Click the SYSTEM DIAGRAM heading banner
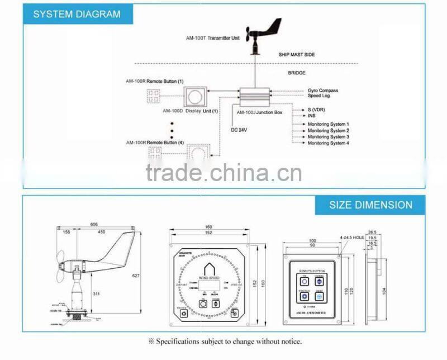click(77, 14)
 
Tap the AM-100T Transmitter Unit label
click(212, 39)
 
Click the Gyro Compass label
click(323, 91)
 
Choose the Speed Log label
click(318, 96)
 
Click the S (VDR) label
click(317, 109)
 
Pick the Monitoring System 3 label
click(329, 137)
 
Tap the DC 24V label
click(239, 130)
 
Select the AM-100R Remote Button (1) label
click(154, 82)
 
